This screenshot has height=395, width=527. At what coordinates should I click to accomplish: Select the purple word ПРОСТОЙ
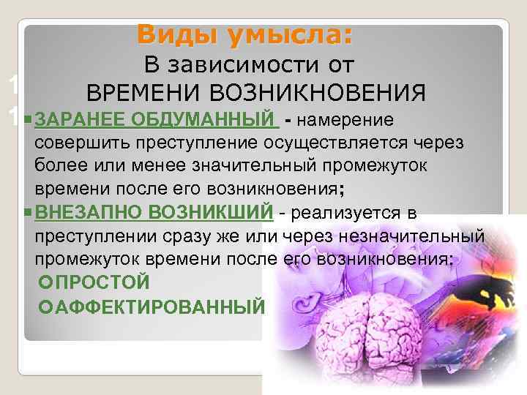point(102,282)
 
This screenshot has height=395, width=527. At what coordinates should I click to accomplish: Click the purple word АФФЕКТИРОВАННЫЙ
point(160,305)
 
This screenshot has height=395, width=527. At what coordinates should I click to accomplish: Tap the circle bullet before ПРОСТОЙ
point(48,282)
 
